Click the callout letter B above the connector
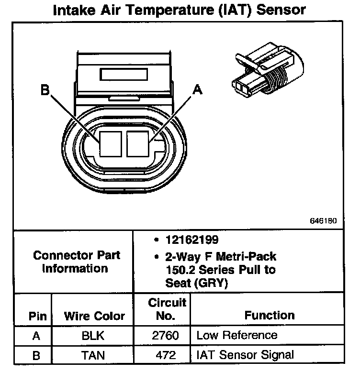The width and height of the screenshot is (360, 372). tap(45, 90)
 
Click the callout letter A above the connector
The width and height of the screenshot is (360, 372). tap(195, 89)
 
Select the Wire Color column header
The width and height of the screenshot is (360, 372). tap(94, 316)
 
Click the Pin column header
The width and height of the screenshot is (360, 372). tap(37, 316)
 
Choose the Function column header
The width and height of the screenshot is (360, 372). tap(269, 316)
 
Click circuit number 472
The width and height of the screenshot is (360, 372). tap(165, 355)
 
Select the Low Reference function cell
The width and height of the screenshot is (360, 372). tap(236, 335)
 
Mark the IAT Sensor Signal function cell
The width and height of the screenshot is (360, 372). tap(245, 355)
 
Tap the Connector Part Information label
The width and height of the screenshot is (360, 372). tap(77, 262)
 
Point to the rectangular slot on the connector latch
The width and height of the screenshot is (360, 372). tap(124, 75)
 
